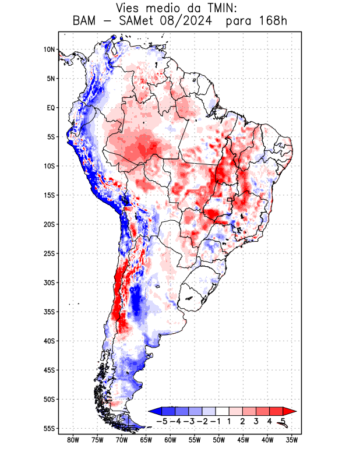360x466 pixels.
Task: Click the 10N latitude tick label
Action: (49, 50)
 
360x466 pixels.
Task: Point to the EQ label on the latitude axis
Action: (50, 108)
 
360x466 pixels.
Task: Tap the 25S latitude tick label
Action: (49, 253)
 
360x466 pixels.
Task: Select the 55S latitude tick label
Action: (49, 428)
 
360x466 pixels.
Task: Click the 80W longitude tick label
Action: (73, 440)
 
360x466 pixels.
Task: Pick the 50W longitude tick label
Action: (218, 440)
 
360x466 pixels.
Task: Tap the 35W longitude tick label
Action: (292, 440)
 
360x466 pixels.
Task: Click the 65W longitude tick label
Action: (146, 440)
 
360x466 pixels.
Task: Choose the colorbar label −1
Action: (216, 421)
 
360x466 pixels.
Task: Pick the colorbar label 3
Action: (256, 421)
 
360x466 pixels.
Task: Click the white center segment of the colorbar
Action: (223, 411)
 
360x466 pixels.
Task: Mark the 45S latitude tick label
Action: (49, 370)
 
